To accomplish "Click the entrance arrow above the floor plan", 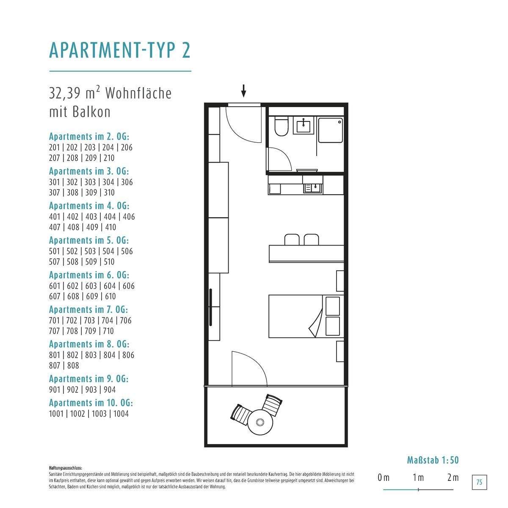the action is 243,91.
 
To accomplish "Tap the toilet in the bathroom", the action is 281,126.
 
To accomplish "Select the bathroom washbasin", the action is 304,126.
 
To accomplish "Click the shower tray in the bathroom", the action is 331,130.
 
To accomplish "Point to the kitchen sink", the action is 313,188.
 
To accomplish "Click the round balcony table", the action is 260,422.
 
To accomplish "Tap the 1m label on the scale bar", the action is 418,478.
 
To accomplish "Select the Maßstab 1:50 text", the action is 433,460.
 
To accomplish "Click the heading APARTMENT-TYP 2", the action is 120,50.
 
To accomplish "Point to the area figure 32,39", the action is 65,93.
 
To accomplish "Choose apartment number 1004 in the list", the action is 121,414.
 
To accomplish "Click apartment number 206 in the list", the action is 127,147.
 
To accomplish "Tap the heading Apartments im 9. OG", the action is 88,379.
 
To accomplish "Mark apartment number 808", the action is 73,365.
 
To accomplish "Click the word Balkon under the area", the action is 91,112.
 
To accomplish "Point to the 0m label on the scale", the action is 384,478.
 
